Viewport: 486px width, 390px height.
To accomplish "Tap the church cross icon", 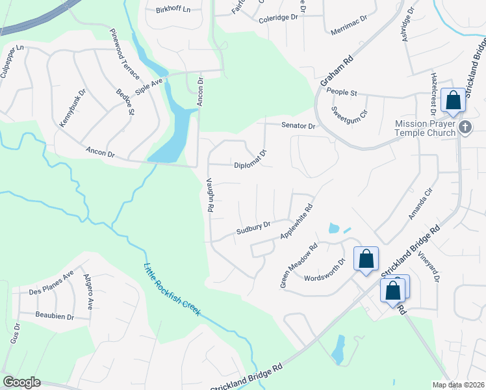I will [x=465, y=127].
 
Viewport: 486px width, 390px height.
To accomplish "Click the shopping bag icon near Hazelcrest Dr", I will [x=453, y=101].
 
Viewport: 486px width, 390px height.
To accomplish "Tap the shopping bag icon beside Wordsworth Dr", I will [x=366, y=259].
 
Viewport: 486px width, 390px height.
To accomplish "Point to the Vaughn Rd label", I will [x=210, y=196].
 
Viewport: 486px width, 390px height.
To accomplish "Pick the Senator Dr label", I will [x=298, y=125].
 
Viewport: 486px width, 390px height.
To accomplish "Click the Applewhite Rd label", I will [x=296, y=221].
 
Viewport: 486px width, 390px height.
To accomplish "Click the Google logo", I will [x=21, y=382].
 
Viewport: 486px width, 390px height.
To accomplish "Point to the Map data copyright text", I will [x=459, y=385].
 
